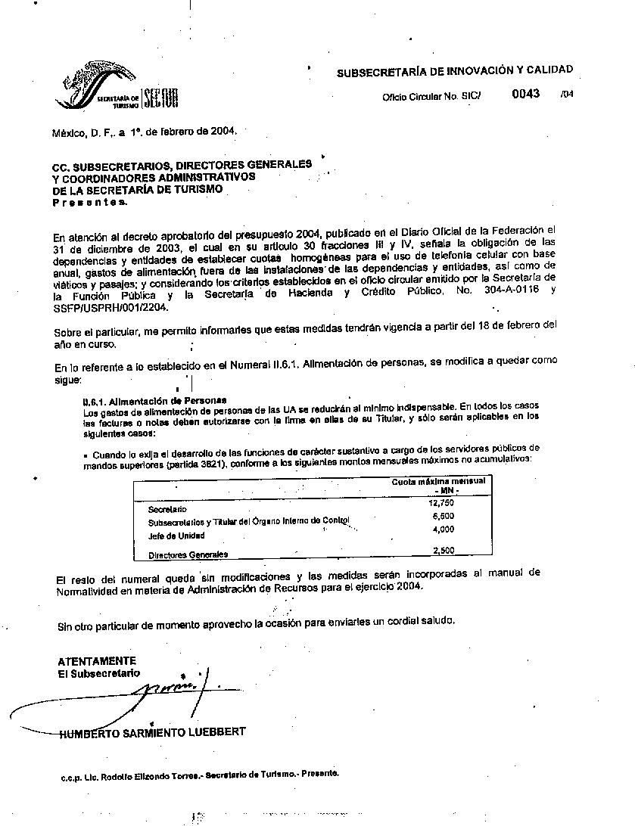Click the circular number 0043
pyautogui.click(x=526, y=94)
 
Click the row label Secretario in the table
pyautogui.click(x=167, y=509)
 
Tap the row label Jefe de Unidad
pyautogui.click(x=176, y=536)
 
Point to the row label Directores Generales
pyautogui.click(x=188, y=554)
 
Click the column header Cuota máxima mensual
pyautogui.click(x=438, y=481)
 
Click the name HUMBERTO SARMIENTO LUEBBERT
pyautogui.click(x=152, y=731)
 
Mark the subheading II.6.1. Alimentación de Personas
pyautogui.click(x=154, y=400)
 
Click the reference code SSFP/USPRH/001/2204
pyautogui.click(x=111, y=308)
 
